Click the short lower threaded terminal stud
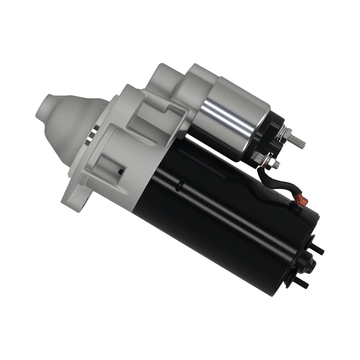coord(276,165)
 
